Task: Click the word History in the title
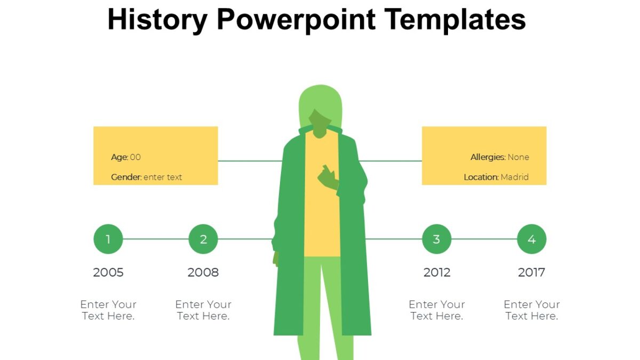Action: coord(157,20)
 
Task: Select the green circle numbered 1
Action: coord(108,239)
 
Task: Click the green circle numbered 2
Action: coord(203,239)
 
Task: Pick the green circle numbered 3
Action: coord(437,239)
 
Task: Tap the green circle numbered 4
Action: coord(532,239)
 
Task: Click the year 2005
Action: coord(108,273)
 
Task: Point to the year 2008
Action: coord(203,273)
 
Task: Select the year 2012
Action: coord(437,273)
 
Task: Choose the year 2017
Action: coord(532,273)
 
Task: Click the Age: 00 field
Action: coord(126,157)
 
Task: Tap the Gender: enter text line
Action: coord(146,177)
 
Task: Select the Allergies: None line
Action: coord(500,157)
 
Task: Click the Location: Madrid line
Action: coord(496,177)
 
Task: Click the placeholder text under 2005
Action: coord(108,310)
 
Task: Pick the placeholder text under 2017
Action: coord(532,310)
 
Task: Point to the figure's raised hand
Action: coord(327,177)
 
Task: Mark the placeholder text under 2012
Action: coord(437,310)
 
